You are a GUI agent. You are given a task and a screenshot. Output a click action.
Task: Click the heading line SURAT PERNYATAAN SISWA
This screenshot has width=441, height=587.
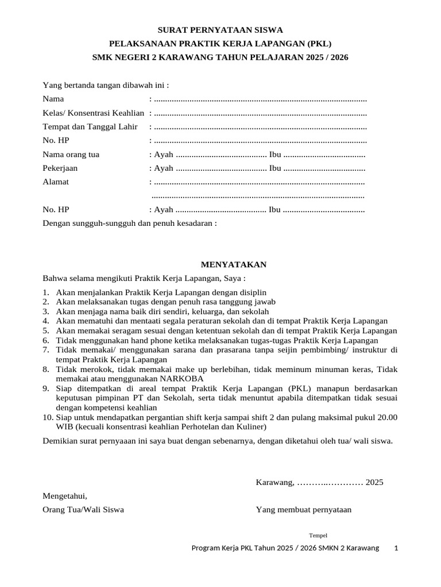[x=220, y=29]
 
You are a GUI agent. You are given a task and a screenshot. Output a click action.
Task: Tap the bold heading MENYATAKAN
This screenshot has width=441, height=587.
[x=233, y=265]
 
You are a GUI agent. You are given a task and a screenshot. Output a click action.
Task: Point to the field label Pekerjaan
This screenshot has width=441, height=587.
[x=60, y=169]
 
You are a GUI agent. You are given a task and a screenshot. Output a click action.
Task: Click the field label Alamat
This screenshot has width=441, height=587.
[x=56, y=182]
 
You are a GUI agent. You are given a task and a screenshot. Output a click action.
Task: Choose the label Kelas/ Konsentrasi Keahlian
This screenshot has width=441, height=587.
[x=94, y=113]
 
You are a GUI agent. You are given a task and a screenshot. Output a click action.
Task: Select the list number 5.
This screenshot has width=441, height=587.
[x=46, y=331]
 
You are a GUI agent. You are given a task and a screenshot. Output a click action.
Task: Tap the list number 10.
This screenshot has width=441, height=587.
[x=48, y=417]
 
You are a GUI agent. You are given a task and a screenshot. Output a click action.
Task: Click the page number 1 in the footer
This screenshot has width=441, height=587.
[x=396, y=549]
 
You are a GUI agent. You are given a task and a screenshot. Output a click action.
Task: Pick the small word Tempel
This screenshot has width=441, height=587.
[x=318, y=535]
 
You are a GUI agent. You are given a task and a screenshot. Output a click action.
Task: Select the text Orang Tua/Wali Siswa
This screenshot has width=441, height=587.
[x=83, y=510]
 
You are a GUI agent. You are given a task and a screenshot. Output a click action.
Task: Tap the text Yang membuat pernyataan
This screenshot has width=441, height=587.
[x=304, y=510]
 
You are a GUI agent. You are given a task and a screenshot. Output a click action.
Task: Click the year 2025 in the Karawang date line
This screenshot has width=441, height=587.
[x=374, y=482]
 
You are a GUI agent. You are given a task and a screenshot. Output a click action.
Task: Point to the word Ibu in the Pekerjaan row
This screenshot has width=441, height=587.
[x=275, y=169]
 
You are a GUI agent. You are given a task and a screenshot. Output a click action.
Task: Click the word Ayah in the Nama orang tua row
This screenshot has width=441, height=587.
[x=164, y=155]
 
